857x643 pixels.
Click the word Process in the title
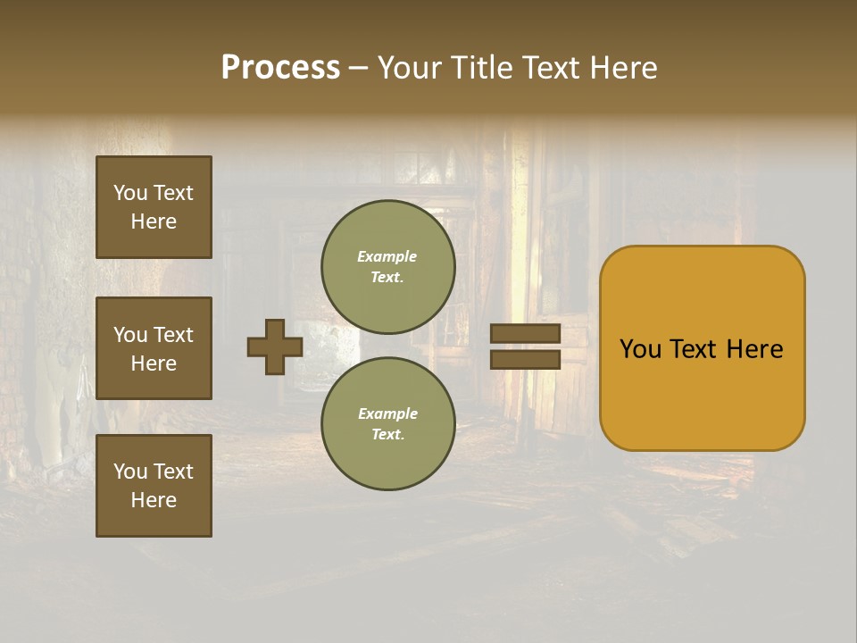point(280,68)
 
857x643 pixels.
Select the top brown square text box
point(154,207)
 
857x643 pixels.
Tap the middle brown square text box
point(154,348)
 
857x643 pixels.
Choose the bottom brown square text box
point(154,486)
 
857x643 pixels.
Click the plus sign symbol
point(275,347)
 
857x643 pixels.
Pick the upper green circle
point(388,266)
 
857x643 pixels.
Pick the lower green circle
point(388,423)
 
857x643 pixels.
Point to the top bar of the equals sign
point(525,333)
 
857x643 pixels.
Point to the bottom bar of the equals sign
point(525,359)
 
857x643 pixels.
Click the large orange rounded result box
point(702,347)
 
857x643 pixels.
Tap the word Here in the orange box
point(754,349)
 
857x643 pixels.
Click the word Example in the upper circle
point(387,256)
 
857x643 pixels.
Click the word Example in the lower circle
point(387,413)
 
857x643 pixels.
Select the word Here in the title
point(622,68)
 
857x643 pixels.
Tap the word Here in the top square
point(154,221)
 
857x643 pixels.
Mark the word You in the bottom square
point(130,472)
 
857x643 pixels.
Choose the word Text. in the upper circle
point(387,277)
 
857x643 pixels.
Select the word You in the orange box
point(640,349)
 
